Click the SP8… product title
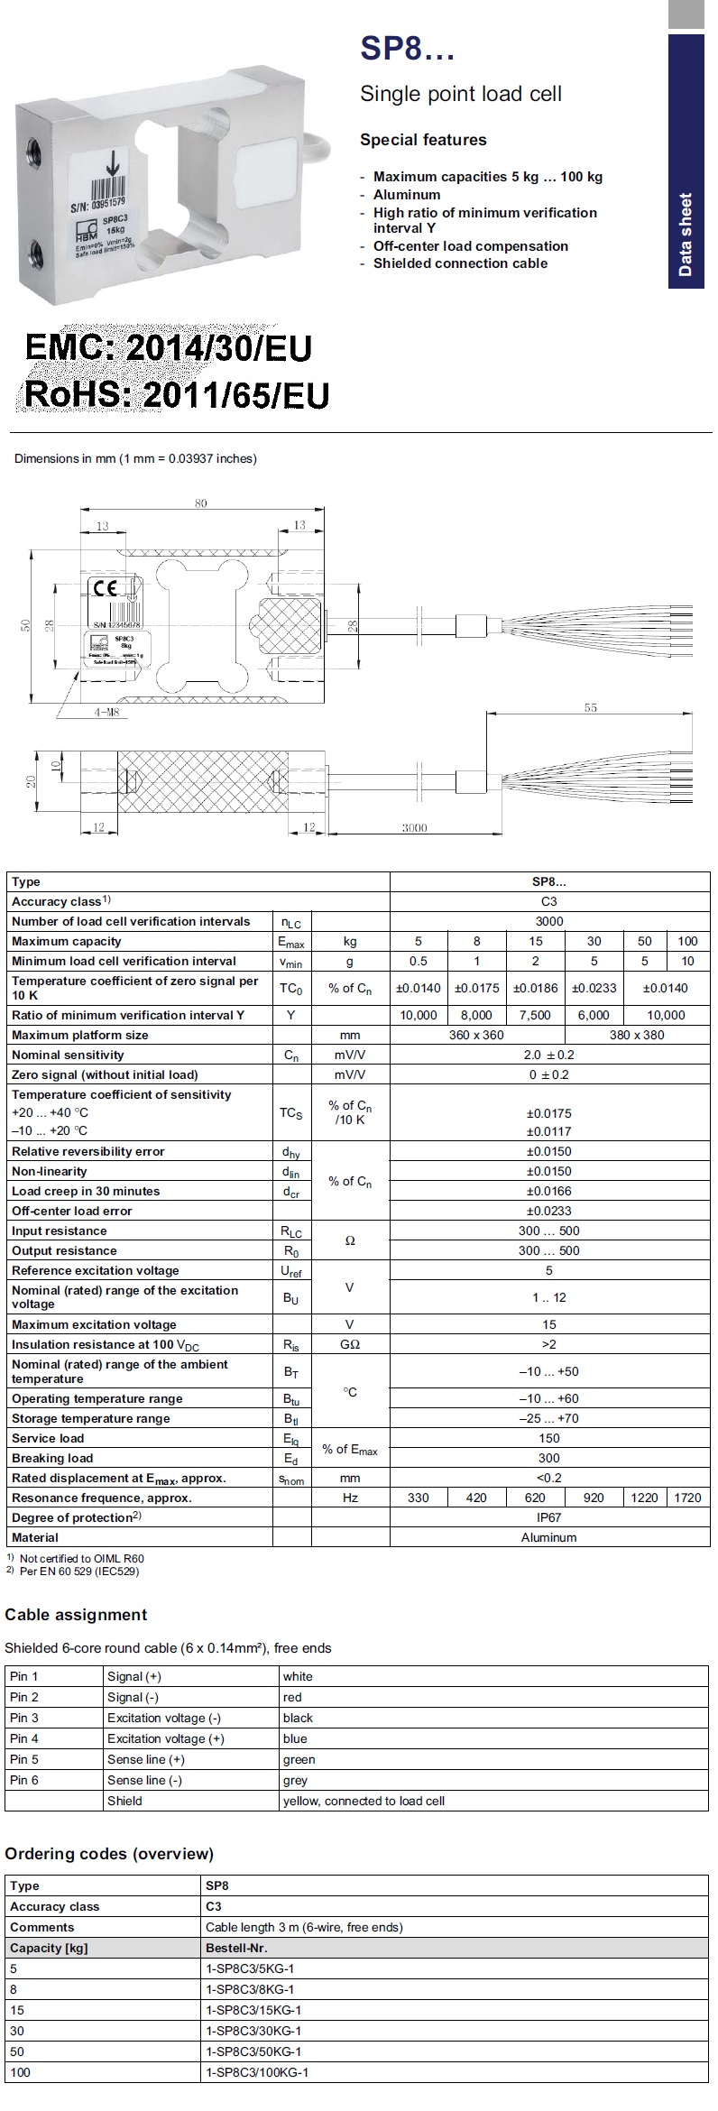[x=407, y=49]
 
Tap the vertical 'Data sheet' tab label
[x=686, y=235]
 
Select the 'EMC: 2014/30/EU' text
[x=169, y=347]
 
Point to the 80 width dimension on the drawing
[x=200, y=503]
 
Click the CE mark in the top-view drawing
[x=104, y=588]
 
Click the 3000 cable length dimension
[x=414, y=827]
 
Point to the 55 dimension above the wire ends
[x=590, y=708]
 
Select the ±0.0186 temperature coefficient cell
[x=535, y=988]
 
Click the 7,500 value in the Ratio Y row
[x=535, y=1015]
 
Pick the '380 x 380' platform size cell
[x=637, y=1035]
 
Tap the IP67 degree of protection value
[x=548, y=1517]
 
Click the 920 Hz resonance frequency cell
[x=594, y=1498]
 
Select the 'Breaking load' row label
[x=52, y=1458]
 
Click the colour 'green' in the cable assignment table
[x=299, y=1759]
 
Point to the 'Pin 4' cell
[x=24, y=1738]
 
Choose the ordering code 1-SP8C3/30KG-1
[x=253, y=2031]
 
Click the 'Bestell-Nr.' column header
[x=236, y=1948]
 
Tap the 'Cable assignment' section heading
[x=76, y=1615]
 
